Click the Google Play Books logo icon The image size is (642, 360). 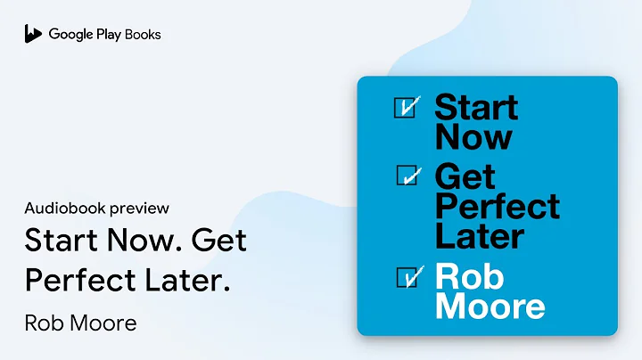click(33, 34)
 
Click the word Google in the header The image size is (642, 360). click(70, 35)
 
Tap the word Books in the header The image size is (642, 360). click(143, 35)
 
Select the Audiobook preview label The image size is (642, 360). click(97, 209)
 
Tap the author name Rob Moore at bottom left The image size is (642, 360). click(81, 322)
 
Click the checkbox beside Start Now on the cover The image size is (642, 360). click(406, 108)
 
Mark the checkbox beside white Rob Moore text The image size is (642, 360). click(406, 277)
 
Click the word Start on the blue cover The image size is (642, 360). click(476, 108)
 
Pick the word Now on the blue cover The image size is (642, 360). click(473, 137)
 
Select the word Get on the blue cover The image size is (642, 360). click(464, 176)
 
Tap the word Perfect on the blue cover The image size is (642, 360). click(498, 207)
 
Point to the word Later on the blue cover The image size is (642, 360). click(479, 235)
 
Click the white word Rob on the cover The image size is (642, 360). click(466, 277)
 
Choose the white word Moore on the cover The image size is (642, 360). click(490, 307)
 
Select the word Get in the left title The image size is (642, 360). click(219, 241)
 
